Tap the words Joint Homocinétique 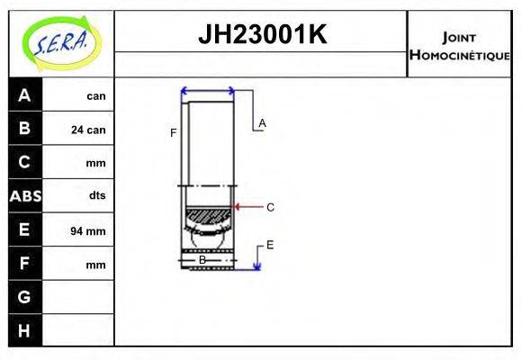tap(459, 45)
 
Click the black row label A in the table tap(24, 95)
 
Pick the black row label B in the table tap(24, 129)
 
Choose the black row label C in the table tap(24, 162)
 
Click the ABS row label tap(24, 195)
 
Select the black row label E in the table tap(24, 229)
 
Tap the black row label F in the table tap(24, 264)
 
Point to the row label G tap(24, 297)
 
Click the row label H tap(24, 330)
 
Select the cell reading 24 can tap(88, 130)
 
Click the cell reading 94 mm tap(88, 231)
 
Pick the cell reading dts tap(96, 196)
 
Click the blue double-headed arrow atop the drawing tap(208, 91)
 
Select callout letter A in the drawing tap(262, 123)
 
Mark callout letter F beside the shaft tap(173, 133)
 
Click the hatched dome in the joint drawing tap(208, 216)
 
